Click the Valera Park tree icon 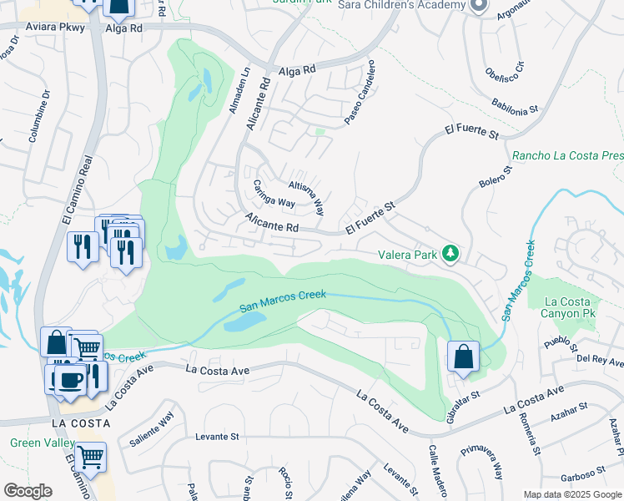450,251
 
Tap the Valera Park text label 406,252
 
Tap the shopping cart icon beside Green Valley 90,457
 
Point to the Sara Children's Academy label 400,5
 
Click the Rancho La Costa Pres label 567,155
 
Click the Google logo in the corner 28,491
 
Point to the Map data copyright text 572,494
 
